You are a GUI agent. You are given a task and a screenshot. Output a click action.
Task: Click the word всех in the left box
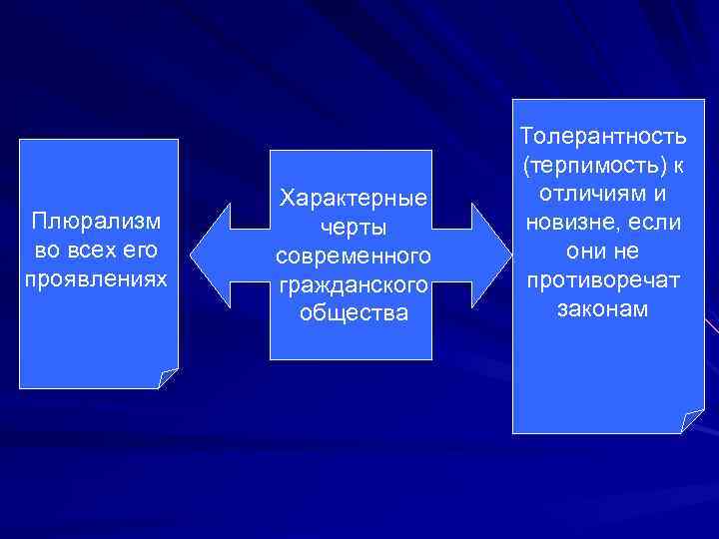pos(87,247)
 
